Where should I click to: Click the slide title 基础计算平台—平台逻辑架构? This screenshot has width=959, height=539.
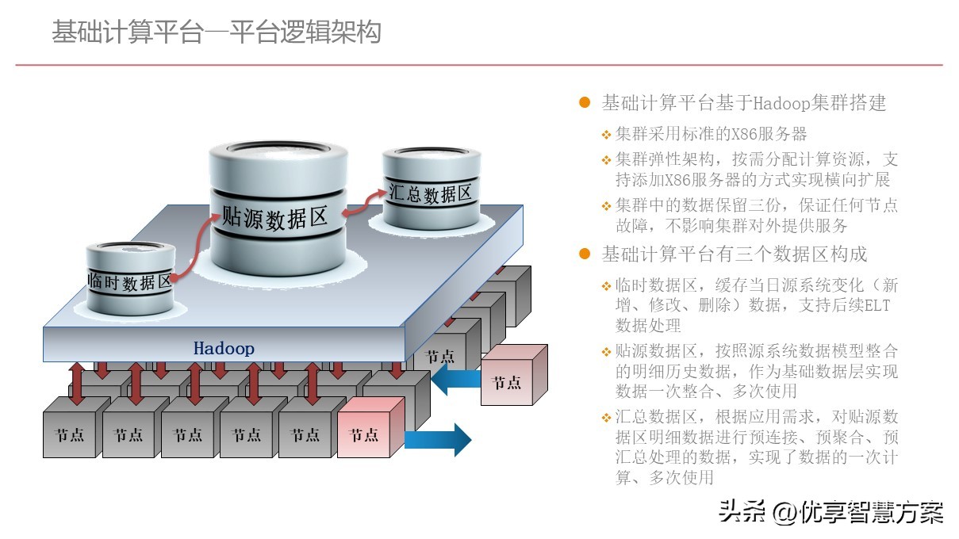[x=217, y=33]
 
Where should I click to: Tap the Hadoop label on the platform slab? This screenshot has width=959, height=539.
[x=224, y=349]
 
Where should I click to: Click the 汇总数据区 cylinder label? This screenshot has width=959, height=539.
[x=431, y=193]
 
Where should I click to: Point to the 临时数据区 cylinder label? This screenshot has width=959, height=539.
[x=130, y=281]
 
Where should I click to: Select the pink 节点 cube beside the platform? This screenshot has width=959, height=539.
[x=508, y=382]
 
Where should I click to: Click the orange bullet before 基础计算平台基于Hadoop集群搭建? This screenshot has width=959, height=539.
[x=585, y=103]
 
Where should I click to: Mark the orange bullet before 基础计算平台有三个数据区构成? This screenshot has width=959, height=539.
[x=585, y=254]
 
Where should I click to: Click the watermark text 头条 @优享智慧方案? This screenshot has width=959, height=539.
[x=830, y=512]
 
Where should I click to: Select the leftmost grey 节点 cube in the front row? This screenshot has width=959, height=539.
[x=70, y=434]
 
